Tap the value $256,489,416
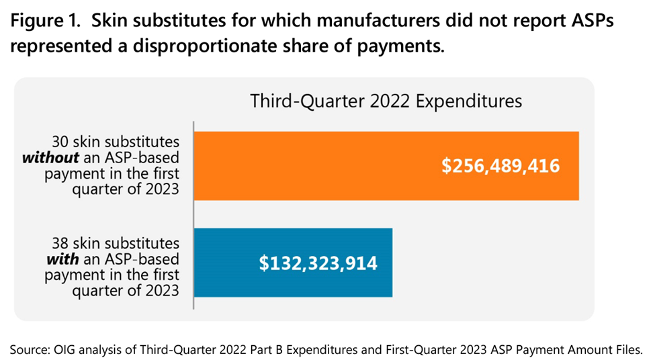tap(500, 166)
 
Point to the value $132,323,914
tap(318, 263)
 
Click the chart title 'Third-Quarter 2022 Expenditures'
tap(386, 101)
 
